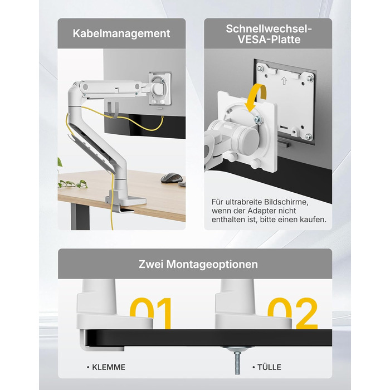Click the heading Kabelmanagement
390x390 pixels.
tap(121, 33)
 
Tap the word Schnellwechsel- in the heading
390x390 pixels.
tap(269, 28)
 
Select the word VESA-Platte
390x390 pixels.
tap(269, 40)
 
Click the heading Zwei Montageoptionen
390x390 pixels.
tap(198, 264)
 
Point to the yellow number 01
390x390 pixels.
tap(151, 313)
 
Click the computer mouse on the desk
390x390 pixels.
tap(172, 178)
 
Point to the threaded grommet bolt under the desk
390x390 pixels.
tap(237, 362)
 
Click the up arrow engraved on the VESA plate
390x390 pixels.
tap(284, 80)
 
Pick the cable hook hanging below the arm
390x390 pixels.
tap(113, 110)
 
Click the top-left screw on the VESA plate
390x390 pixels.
tap(260, 68)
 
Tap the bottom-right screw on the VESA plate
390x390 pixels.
tap(308, 136)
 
